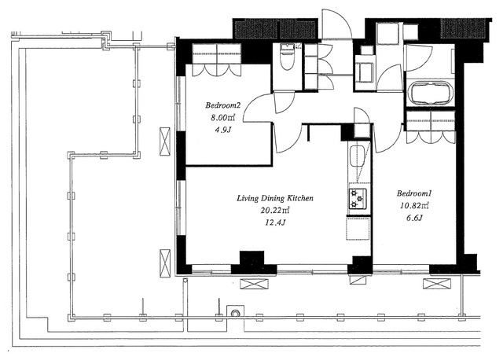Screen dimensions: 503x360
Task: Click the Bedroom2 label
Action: click(x=223, y=105)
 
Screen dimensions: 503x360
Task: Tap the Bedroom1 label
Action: click(x=414, y=193)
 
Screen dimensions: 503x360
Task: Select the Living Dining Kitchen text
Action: click(x=275, y=198)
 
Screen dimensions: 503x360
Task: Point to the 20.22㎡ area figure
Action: click(x=275, y=210)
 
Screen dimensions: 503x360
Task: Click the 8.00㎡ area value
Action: click(x=223, y=117)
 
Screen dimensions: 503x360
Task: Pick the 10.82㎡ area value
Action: click(x=414, y=205)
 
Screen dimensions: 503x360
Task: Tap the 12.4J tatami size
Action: click(x=275, y=222)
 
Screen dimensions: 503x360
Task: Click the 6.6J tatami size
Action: click(x=414, y=218)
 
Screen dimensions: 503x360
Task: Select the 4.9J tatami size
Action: click(x=223, y=130)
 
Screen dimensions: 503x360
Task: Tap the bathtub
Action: click(x=430, y=93)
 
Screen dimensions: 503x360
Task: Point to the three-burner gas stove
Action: click(x=358, y=199)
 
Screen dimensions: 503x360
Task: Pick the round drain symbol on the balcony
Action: click(x=235, y=313)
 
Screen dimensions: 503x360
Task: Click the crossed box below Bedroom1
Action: click(x=437, y=284)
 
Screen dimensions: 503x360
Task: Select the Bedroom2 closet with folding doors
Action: click(x=217, y=60)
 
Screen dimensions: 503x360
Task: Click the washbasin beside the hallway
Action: click(x=364, y=72)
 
